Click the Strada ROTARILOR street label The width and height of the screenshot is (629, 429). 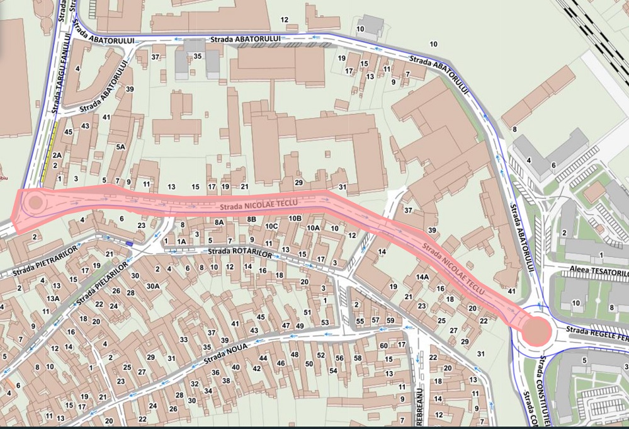240,252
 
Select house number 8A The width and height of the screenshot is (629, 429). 219,222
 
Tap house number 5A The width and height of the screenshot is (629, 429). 122,147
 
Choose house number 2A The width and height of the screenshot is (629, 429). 57,155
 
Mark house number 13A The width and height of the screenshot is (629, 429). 54,298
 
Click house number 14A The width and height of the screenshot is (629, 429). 422,277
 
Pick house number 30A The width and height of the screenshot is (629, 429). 153,285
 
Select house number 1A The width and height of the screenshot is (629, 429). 181,241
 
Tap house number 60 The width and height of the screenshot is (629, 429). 383,345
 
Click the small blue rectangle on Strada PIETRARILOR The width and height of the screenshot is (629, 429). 129,243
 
